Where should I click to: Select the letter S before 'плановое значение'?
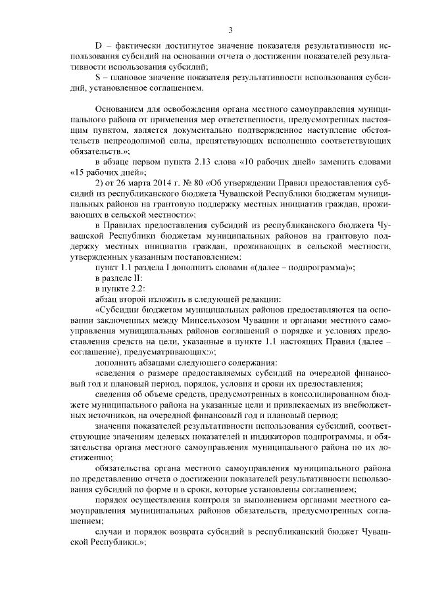tap(99, 77)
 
